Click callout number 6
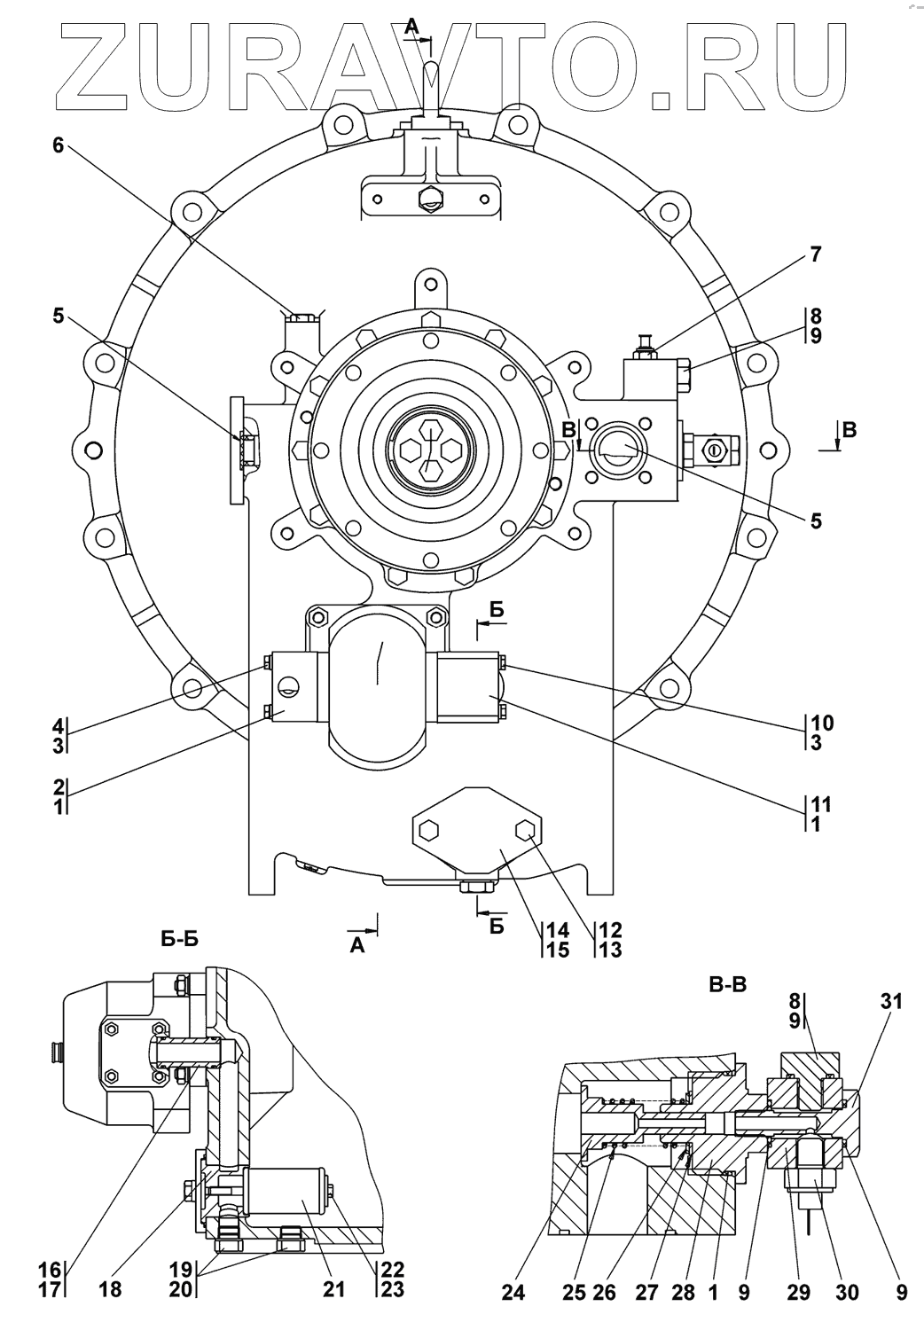pyautogui.click(x=58, y=145)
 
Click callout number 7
pyautogui.click(x=815, y=254)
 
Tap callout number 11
pyautogui.click(x=821, y=804)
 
